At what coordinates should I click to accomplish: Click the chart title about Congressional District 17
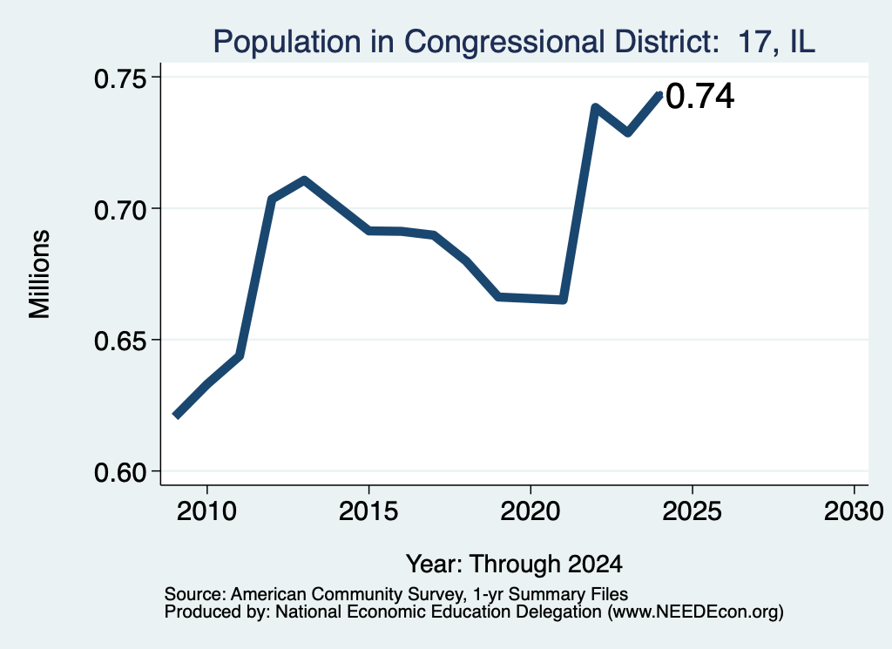tap(514, 42)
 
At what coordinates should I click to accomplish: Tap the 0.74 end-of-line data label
tap(699, 96)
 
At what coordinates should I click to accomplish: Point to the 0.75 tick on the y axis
tap(119, 78)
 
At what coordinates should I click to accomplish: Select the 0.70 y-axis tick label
tap(119, 210)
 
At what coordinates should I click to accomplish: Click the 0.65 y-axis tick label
tap(119, 341)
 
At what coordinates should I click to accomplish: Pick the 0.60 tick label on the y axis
tap(119, 473)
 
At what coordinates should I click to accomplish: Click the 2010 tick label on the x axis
tap(206, 511)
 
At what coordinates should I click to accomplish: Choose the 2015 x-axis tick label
tap(368, 511)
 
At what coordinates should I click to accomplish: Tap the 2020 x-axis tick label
tap(530, 511)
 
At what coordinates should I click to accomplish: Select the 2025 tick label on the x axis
tap(692, 511)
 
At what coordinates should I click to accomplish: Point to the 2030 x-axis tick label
tap(854, 511)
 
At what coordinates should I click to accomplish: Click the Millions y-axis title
tap(39, 274)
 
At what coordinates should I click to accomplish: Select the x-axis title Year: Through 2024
tap(514, 564)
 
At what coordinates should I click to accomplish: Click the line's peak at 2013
tap(304, 181)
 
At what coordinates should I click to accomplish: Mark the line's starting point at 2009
tap(176, 416)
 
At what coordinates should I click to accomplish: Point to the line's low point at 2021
tap(564, 300)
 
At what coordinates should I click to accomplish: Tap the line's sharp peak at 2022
tap(595, 106)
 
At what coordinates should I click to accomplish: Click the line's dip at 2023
tap(627, 133)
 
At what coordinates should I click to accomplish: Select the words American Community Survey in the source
tap(347, 594)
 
